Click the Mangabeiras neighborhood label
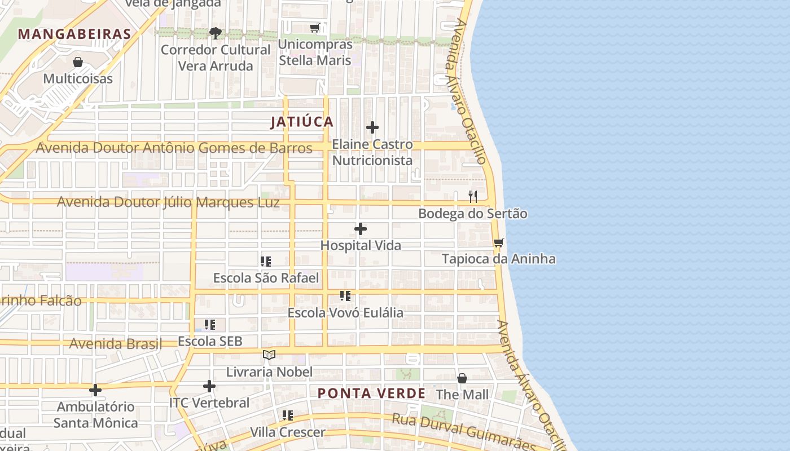click(74, 34)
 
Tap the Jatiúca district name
click(302, 122)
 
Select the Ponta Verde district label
click(371, 393)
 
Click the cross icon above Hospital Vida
click(361, 229)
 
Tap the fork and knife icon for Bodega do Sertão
click(473, 197)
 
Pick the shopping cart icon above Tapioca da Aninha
click(498, 243)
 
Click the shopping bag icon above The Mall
click(462, 378)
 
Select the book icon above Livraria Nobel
click(269, 355)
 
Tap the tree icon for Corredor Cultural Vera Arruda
click(215, 33)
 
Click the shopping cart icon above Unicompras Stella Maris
click(315, 28)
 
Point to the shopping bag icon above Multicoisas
click(78, 62)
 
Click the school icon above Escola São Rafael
click(266, 261)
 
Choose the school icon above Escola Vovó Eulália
click(345, 296)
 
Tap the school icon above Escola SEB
click(210, 325)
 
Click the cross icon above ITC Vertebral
click(209, 386)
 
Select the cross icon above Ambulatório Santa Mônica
click(95, 390)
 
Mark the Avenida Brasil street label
click(115, 344)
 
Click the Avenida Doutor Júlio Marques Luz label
click(168, 202)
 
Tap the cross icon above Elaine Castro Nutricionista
click(372, 127)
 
